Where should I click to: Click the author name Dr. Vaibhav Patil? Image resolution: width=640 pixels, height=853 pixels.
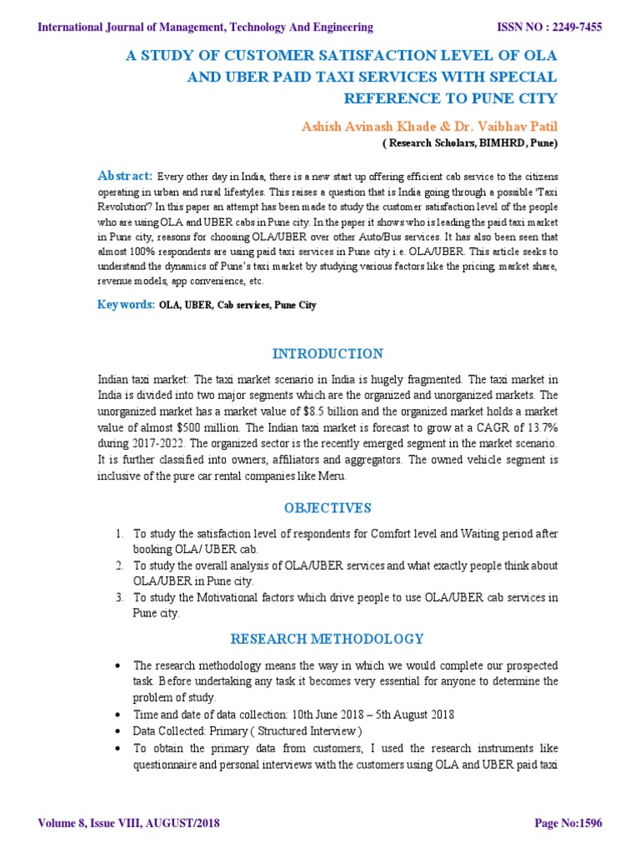[x=500, y=125]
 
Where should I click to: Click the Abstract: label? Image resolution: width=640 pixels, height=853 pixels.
[x=125, y=176]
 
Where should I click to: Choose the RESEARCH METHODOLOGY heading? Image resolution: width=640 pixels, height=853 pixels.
[x=327, y=639]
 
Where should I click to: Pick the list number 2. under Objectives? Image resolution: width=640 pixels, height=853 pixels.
[x=120, y=566]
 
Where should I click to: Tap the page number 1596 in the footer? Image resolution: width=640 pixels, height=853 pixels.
[x=586, y=823]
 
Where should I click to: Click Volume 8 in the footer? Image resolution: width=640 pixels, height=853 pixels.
[x=65, y=823]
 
